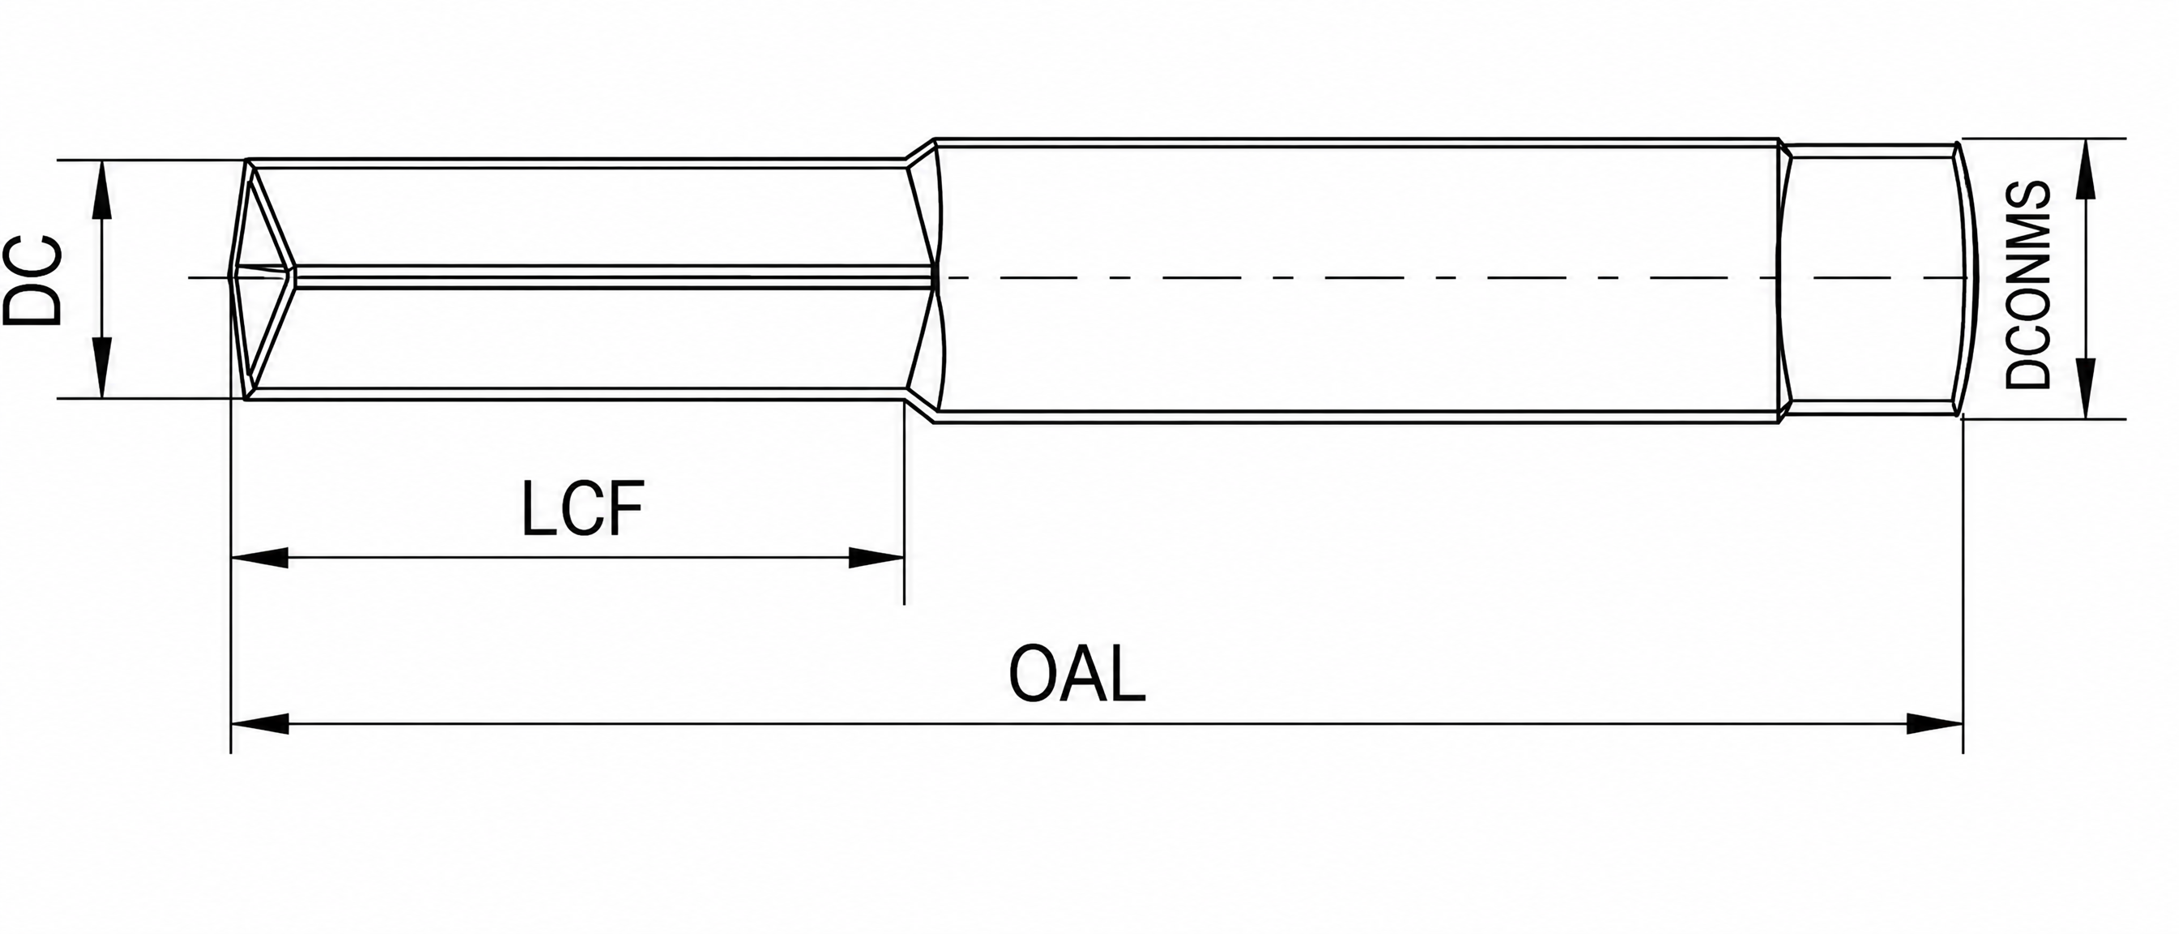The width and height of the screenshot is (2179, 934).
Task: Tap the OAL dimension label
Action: tap(1077, 675)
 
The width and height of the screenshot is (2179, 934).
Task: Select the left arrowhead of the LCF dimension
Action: tap(259, 558)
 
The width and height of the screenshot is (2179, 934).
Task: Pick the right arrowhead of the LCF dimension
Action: tap(876, 558)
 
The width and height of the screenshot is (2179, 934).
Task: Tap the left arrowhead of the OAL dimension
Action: tap(259, 724)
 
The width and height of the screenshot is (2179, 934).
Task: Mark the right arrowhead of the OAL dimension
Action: tap(1933, 724)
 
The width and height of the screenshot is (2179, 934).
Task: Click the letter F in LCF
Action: tap(625, 508)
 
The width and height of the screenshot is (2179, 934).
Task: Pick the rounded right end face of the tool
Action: tap(1964, 279)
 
